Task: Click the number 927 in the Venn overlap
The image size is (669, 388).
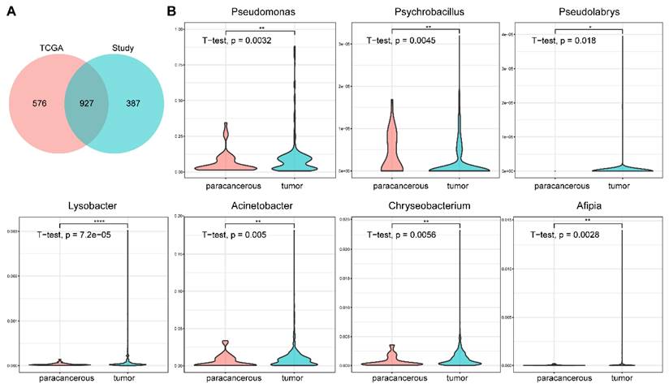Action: click(x=81, y=105)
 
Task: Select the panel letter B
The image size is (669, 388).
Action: click(x=170, y=12)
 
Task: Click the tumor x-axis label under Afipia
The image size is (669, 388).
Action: click(x=622, y=377)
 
